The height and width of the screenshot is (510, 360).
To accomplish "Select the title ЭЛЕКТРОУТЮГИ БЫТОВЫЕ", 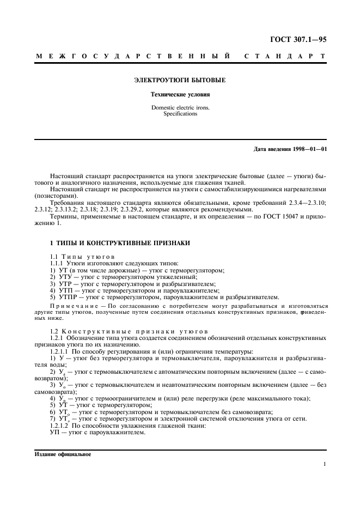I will [x=180, y=80].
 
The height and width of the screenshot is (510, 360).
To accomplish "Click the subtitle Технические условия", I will [x=180, y=95].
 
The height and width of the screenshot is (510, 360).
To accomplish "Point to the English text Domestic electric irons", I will [x=180, y=108].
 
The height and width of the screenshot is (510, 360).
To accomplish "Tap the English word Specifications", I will [x=180, y=114].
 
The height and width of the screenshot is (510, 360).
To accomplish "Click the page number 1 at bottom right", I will [x=324, y=464].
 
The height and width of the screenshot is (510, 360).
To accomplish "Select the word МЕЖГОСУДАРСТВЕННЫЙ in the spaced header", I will [x=131, y=56].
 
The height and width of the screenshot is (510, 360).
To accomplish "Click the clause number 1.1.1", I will [x=57, y=263].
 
